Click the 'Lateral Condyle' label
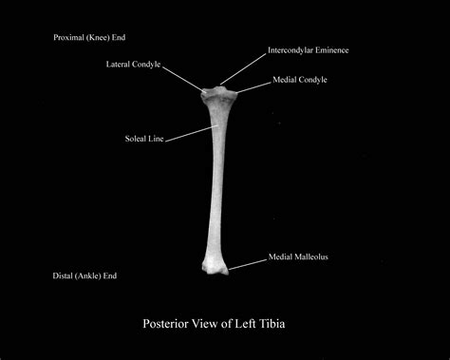(133, 65)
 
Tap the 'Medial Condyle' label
(299, 80)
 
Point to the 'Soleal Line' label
(145, 139)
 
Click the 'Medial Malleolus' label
(297, 256)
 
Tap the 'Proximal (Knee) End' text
(89, 37)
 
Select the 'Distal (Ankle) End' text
(85, 275)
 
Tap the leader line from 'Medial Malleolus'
(247, 263)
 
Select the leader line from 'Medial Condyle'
(253, 86)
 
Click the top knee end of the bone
(219, 95)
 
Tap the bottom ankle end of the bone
(214, 263)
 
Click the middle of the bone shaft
(214, 180)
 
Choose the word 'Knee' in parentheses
(96, 37)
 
